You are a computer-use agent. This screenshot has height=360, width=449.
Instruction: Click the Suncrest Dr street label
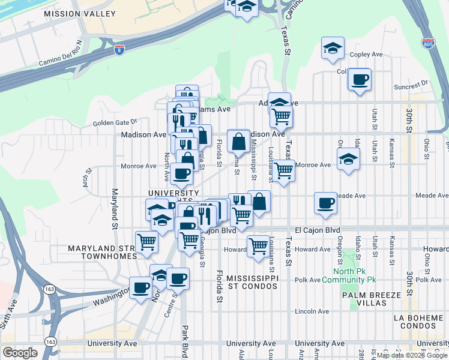(411, 83)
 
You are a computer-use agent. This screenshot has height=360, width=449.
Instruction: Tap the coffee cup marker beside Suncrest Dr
(360, 80)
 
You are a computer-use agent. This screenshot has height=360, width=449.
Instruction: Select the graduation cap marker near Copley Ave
(332, 49)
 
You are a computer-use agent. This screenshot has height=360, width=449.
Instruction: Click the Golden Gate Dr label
(115, 123)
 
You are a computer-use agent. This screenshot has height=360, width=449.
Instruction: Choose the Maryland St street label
(113, 208)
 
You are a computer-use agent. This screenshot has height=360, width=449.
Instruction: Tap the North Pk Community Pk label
(349, 275)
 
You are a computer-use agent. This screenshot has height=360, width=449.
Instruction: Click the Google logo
(20, 353)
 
